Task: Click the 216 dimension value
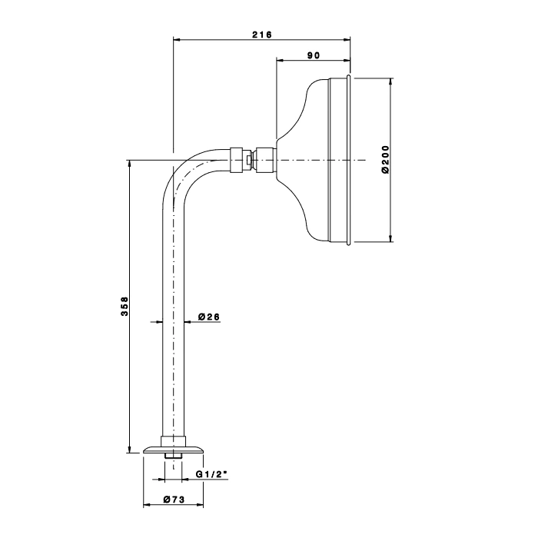click(262, 35)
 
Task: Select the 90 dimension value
click(314, 55)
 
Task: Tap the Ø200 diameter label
click(386, 160)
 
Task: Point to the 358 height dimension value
click(125, 307)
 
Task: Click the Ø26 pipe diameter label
click(209, 317)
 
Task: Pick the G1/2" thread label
click(211, 474)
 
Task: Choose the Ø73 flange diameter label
click(174, 500)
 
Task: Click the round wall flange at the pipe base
click(173, 450)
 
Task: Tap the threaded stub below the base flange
click(173, 456)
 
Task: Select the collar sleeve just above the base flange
click(173, 442)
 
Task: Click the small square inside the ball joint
click(249, 160)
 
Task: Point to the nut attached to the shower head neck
click(266, 160)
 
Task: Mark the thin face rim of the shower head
click(349, 160)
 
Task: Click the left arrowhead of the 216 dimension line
click(177, 40)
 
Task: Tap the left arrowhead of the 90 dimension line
click(281, 61)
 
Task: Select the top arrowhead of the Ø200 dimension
click(390, 82)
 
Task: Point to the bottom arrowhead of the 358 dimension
click(129, 449)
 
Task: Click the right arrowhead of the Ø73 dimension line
click(199, 505)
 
